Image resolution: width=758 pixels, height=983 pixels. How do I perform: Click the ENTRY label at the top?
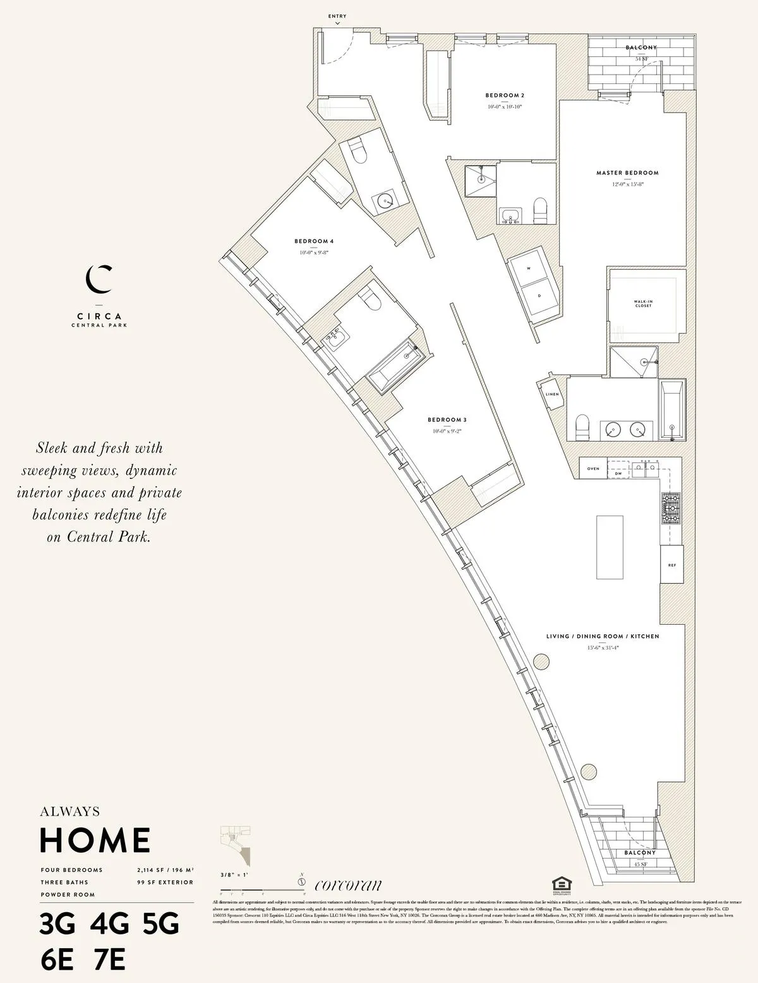(x=338, y=16)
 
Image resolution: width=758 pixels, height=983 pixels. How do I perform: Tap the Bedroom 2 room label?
(x=505, y=95)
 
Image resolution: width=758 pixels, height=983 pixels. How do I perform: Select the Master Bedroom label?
(x=627, y=172)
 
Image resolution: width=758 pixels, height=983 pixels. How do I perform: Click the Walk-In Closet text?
(x=643, y=304)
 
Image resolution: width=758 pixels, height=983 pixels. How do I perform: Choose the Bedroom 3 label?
(x=447, y=420)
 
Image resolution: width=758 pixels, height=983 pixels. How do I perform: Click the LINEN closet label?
(x=552, y=394)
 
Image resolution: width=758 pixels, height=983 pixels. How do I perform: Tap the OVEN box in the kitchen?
(x=593, y=469)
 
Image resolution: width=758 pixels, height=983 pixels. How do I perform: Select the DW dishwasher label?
(x=618, y=473)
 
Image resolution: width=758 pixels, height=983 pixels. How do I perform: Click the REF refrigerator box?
(x=671, y=565)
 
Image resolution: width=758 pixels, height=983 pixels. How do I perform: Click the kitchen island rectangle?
(x=610, y=546)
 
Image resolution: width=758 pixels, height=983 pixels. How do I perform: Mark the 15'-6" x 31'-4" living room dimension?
(x=603, y=648)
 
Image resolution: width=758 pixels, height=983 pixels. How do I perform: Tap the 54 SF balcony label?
(x=641, y=59)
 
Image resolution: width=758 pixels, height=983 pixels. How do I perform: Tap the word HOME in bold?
(x=95, y=840)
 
